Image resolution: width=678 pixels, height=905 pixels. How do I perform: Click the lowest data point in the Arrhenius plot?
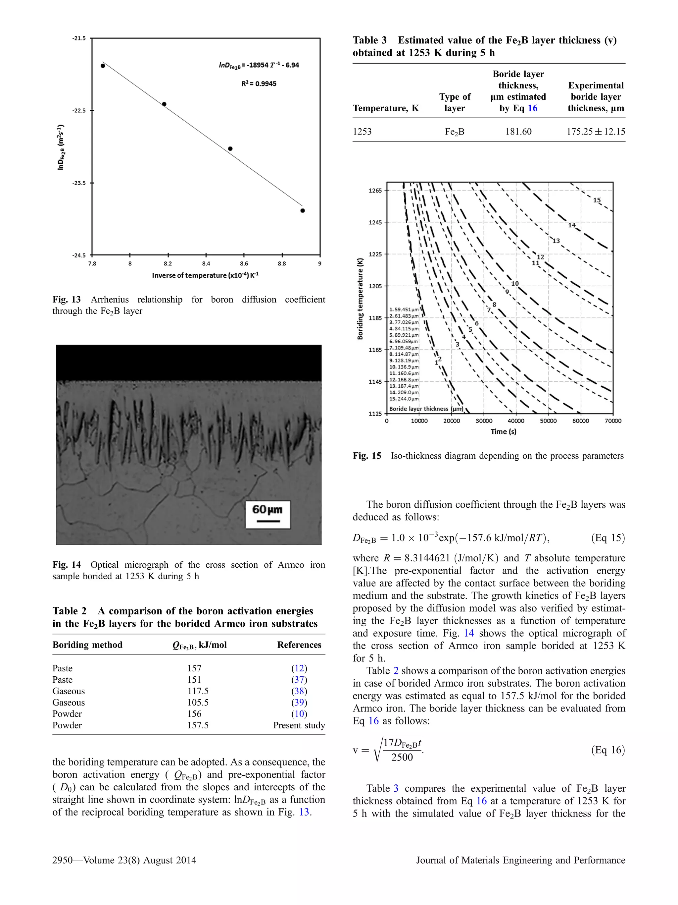(303, 211)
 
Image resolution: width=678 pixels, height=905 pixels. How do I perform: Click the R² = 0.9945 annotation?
(259, 84)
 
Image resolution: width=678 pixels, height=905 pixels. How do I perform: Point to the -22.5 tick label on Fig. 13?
(79, 110)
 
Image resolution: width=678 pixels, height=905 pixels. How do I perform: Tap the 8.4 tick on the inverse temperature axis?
(206, 264)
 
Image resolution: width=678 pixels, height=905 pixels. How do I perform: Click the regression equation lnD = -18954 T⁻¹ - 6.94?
(259, 65)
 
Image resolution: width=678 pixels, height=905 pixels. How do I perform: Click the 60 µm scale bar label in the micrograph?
(267, 509)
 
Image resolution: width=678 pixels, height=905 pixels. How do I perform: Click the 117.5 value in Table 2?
(198, 691)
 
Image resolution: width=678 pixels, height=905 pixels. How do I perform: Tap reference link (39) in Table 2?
(299, 703)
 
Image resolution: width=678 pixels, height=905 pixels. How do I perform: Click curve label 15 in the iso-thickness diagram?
(597, 200)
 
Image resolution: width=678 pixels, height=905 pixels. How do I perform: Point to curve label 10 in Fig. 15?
(515, 284)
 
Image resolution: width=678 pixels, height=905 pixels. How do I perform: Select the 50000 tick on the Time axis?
(548, 421)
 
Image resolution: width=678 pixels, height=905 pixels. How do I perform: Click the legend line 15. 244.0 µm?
(404, 399)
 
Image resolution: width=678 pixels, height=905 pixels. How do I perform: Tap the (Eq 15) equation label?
(608, 537)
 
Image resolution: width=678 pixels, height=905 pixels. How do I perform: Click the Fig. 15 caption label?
(366, 456)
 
